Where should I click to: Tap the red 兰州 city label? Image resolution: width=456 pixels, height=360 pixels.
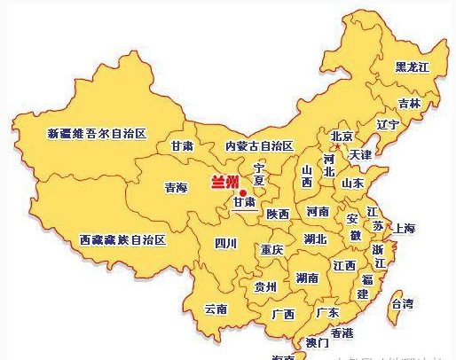pos(224,184)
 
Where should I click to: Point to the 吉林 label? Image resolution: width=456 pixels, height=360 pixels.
pos(409,103)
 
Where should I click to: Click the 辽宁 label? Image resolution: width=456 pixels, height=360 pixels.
pos(388,124)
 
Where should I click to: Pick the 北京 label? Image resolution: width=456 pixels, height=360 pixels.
pos(342,137)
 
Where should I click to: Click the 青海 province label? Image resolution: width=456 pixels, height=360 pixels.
pos(177,187)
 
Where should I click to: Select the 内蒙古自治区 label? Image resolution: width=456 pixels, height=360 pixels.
pos(258,145)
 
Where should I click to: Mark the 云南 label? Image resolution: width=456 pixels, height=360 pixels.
pos(216,309)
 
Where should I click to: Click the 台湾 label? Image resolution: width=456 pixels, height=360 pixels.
pos(402,303)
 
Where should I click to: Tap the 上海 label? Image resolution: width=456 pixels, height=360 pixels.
pos(404,228)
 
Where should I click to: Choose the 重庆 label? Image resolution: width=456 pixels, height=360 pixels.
pos(271,250)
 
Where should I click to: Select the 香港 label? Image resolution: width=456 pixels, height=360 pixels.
pos(342,333)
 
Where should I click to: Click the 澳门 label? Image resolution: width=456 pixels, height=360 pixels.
pos(317,342)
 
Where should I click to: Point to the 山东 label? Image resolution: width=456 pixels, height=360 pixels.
pos(352,183)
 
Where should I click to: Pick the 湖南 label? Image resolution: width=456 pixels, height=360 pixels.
pos(308,278)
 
